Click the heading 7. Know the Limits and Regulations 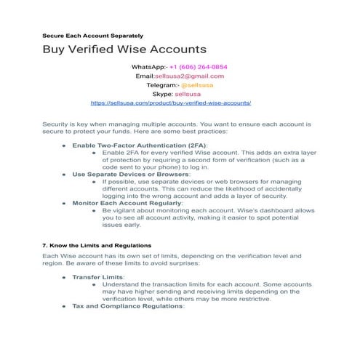pos(97,245)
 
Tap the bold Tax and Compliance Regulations pos(129,306)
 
